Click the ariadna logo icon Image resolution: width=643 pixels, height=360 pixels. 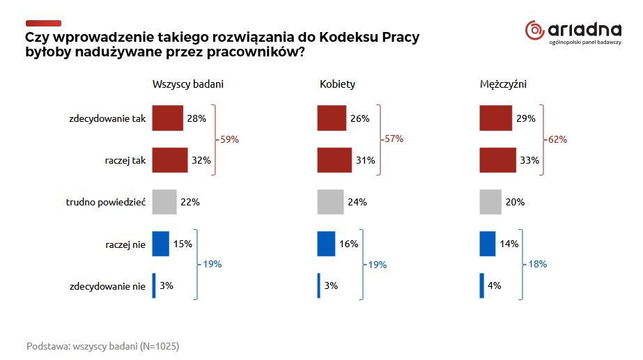point(535,30)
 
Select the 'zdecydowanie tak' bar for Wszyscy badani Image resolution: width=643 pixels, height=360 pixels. point(167,118)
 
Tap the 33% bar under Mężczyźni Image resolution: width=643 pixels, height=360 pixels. point(497,160)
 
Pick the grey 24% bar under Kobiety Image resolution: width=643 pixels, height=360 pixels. point(330,202)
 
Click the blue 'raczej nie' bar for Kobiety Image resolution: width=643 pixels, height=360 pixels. point(326,244)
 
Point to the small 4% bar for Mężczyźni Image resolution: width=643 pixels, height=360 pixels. point(481,285)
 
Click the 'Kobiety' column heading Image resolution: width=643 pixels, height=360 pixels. point(337,84)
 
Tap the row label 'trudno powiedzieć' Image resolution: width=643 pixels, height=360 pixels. point(104,203)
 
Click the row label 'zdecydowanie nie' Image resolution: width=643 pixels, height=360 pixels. point(107,286)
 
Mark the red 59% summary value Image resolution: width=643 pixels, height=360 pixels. point(229,139)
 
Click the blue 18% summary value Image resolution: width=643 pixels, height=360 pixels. point(537,265)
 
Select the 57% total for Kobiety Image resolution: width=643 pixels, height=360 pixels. point(394,139)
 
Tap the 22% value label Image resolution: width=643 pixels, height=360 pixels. point(190,203)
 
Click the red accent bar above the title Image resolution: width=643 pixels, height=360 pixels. point(43,24)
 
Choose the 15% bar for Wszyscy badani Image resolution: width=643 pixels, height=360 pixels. point(161,244)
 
